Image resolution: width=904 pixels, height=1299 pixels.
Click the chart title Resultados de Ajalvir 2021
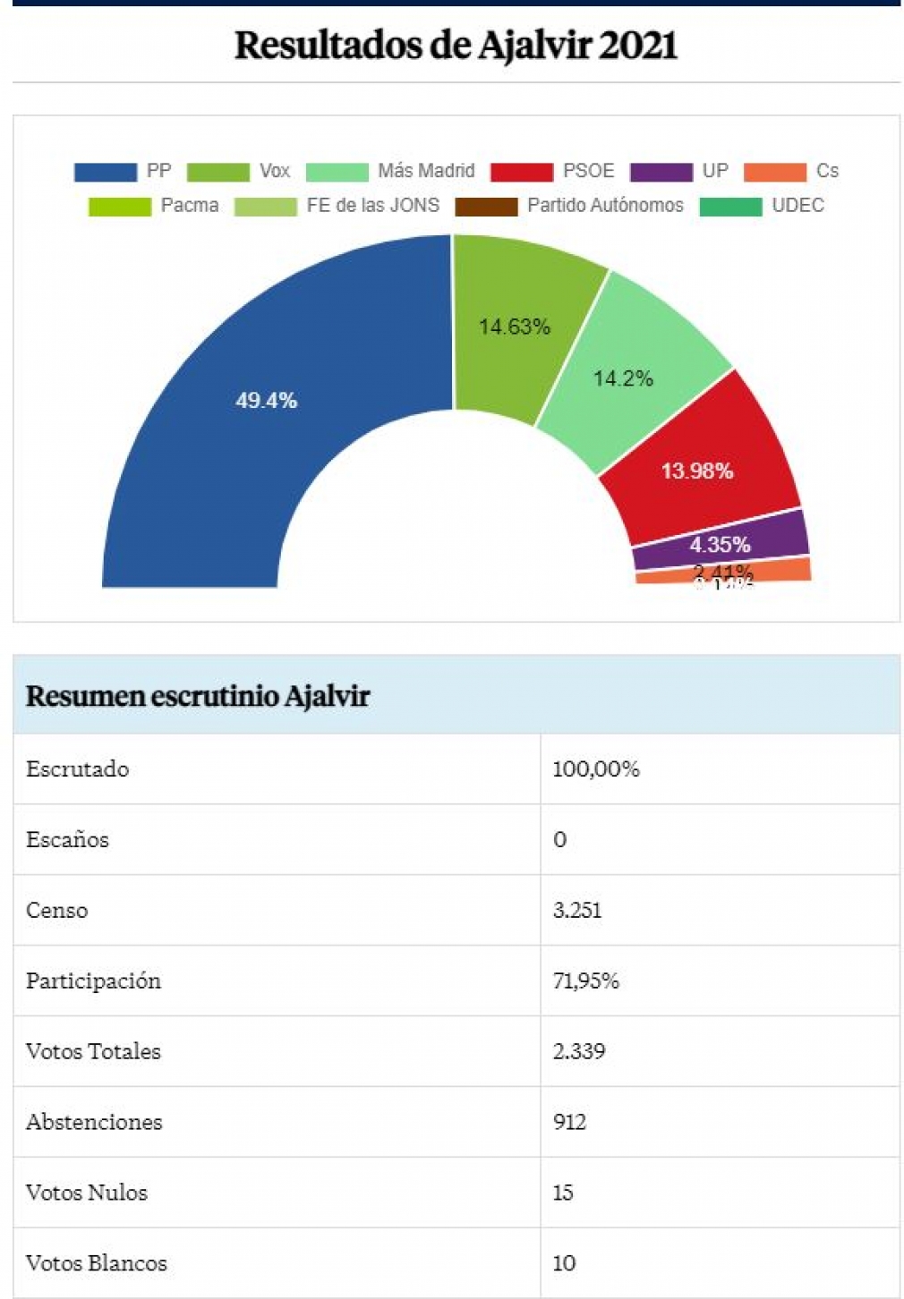coord(455,45)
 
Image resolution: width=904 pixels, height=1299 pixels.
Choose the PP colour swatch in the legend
coord(105,172)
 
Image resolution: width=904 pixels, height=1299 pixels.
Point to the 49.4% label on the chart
coord(266,400)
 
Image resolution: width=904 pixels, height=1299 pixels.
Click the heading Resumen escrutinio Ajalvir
coord(197,696)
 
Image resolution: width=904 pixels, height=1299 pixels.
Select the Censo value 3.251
coord(577,911)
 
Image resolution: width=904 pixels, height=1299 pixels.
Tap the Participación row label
coord(93,981)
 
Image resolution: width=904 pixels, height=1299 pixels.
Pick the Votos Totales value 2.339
coord(579,1051)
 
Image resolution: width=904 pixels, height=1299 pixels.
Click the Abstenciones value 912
coord(569,1122)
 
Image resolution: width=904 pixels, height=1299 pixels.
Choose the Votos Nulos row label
coord(86,1193)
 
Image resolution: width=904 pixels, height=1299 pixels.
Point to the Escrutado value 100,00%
coord(596,769)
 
